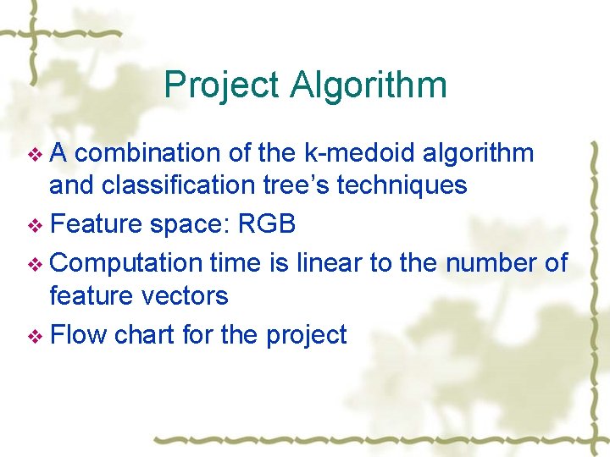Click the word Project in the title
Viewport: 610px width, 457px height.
click(x=221, y=85)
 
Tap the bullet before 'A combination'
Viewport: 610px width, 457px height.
click(x=35, y=155)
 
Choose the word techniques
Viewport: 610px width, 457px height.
click(x=402, y=185)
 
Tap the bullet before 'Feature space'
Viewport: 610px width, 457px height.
click(x=35, y=226)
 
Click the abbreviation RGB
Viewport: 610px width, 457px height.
click(x=268, y=224)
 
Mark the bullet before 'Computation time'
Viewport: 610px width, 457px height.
click(x=35, y=264)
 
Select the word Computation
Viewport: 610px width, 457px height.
click(x=127, y=263)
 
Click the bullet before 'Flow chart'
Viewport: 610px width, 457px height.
click(x=35, y=337)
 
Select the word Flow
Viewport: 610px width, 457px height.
click(x=79, y=334)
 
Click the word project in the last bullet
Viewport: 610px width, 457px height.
click(x=306, y=335)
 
